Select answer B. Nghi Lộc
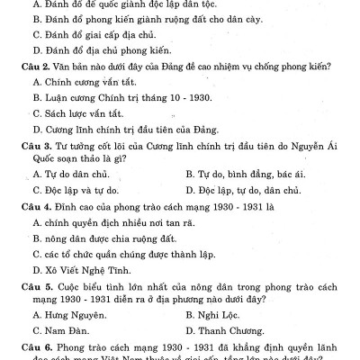215,314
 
